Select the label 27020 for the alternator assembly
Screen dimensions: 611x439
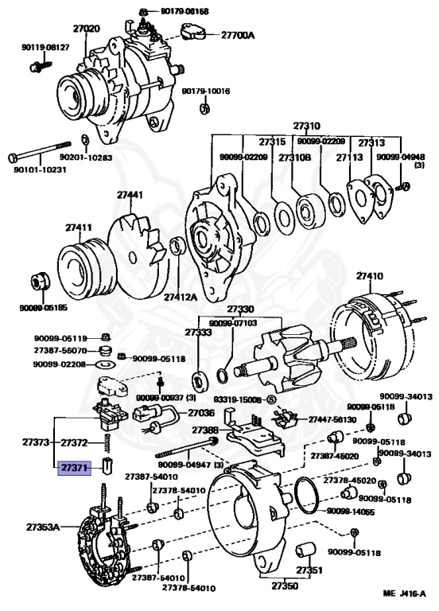point(87,29)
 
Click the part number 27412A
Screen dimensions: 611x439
point(181,297)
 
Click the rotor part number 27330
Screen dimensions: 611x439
point(240,309)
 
